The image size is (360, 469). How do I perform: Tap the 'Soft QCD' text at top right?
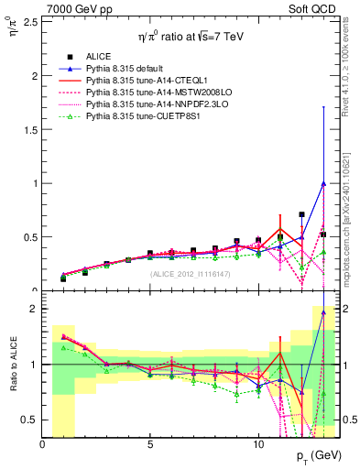316,7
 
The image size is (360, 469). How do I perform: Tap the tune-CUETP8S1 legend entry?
142,116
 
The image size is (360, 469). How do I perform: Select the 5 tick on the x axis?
150,444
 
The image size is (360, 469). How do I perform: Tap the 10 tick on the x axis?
257,444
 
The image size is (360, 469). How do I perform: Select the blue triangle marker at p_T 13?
322,183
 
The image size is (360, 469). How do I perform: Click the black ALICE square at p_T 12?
301,215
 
